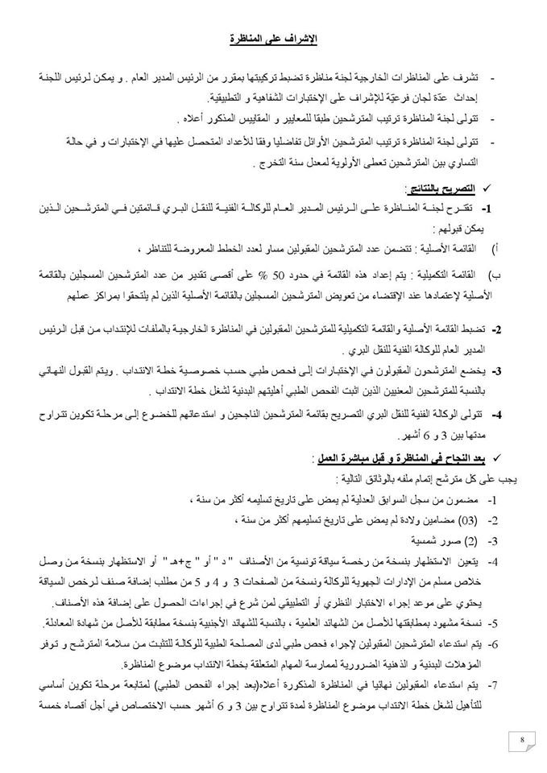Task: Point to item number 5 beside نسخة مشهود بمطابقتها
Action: point(499,622)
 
